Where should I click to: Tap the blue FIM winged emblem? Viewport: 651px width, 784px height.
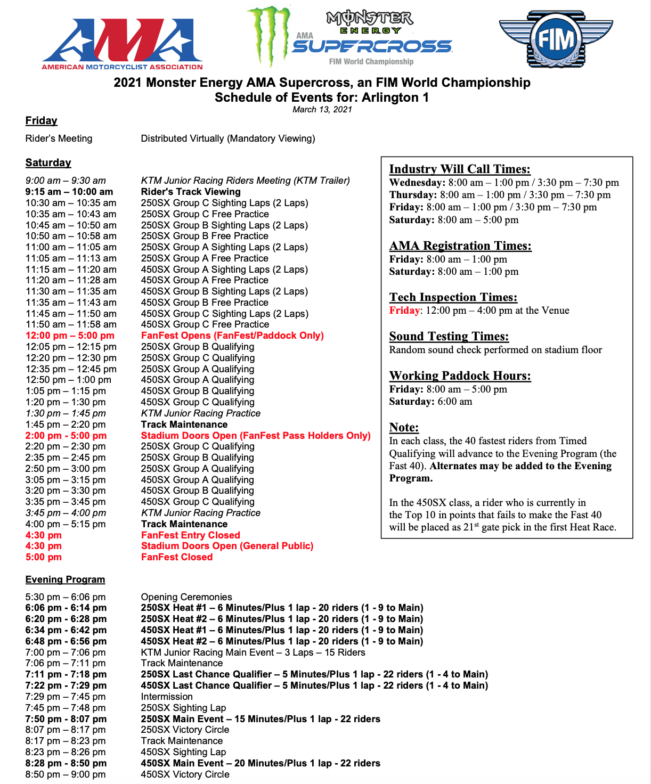click(556, 38)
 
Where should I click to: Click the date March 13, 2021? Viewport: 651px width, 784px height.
click(322, 110)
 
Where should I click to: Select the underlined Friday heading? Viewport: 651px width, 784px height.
click(41, 121)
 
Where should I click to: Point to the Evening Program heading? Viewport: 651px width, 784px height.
click(65, 579)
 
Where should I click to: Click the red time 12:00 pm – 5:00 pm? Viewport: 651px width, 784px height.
click(70, 336)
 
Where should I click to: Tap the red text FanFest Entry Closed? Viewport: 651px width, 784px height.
click(190, 535)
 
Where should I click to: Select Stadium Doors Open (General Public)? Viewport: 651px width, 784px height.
click(227, 546)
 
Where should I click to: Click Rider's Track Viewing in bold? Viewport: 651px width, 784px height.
click(191, 192)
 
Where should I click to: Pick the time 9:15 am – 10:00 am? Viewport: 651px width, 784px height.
click(69, 192)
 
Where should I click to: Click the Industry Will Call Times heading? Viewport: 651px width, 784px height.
click(460, 169)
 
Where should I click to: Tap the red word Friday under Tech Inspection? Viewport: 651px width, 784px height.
click(404, 311)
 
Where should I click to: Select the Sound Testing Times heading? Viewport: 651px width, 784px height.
click(449, 337)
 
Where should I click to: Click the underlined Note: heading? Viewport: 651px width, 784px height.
click(404, 428)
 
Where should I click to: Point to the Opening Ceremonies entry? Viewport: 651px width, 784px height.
click(186, 597)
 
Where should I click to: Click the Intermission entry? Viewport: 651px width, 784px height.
click(167, 697)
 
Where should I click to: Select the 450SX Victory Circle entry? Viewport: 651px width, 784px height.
click(185, 774)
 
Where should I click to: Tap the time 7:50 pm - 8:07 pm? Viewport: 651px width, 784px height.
click(66, 719)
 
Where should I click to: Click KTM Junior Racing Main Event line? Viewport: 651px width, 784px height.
click(253, 652)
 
